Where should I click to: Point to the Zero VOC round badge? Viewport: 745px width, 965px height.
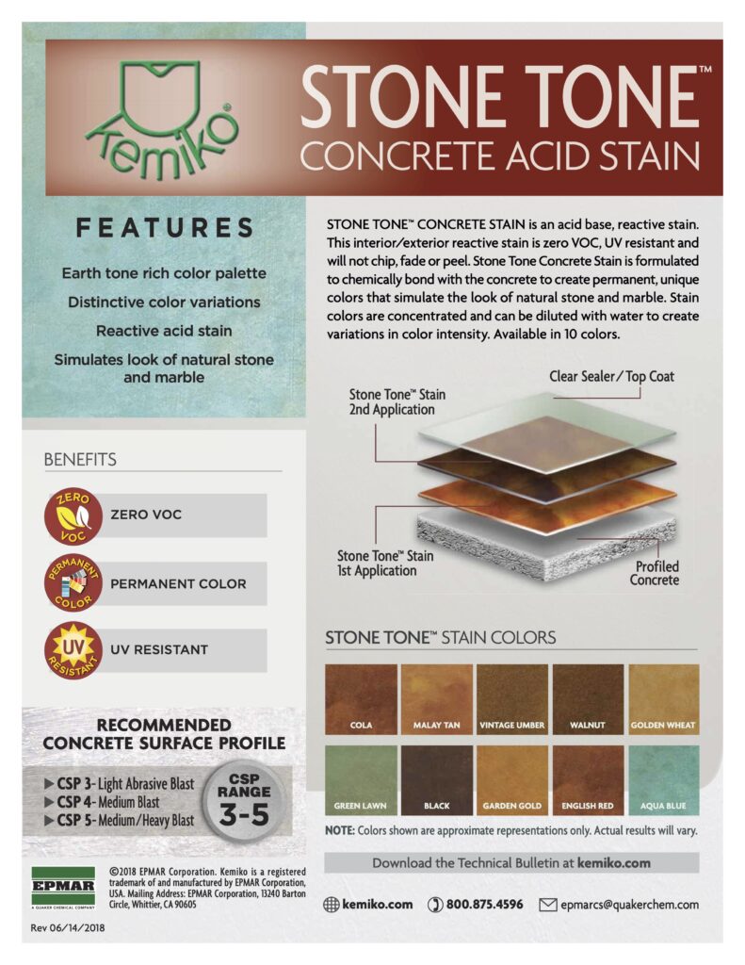click(73, 515)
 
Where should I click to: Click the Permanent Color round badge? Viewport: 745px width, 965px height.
click(73, 583)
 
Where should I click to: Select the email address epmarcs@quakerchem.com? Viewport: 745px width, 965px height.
click(629, 905)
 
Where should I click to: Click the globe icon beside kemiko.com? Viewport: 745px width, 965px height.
click(331, 905)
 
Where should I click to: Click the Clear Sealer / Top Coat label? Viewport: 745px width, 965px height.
click(611, 376)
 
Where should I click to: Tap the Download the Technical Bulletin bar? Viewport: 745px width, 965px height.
click(511, 862)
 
